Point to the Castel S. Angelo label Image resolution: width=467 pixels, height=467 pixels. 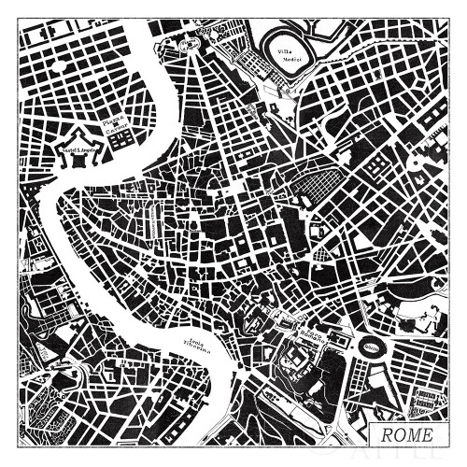75,148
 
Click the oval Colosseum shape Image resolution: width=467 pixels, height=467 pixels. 372,347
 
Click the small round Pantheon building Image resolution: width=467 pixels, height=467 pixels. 192,225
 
